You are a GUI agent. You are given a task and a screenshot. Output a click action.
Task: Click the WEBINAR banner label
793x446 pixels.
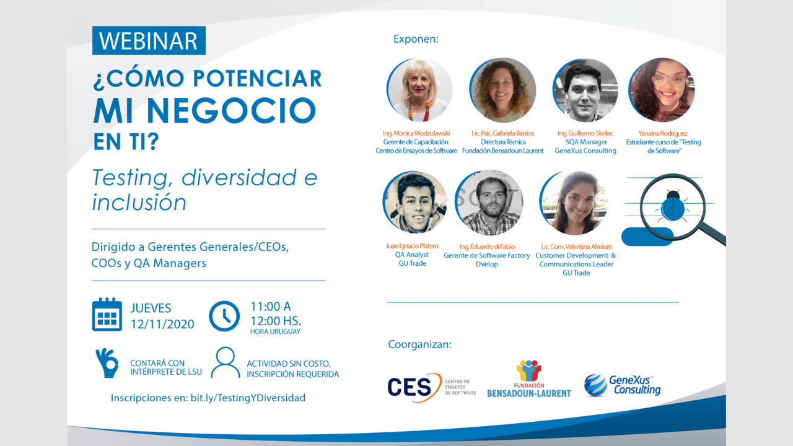pos(149,41)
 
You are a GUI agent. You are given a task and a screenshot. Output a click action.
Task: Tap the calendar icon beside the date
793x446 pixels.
pos(107,315)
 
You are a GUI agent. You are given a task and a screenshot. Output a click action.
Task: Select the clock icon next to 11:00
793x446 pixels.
pos(224,316)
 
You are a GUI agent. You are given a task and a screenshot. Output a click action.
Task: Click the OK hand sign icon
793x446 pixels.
pos(107,362)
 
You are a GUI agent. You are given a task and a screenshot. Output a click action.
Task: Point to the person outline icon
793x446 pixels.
pos(226,362)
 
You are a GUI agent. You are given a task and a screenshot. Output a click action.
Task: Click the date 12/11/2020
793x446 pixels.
pos(162,325)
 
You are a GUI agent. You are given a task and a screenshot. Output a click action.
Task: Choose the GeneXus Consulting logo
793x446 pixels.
pos(622,385)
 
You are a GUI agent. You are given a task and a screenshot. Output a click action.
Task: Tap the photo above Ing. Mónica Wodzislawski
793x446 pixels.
pos(419,90)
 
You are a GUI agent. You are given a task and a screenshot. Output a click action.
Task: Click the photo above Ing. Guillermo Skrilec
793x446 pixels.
pos(585,90)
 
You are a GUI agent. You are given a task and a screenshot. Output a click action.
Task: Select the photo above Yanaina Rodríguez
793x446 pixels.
pos(661,90)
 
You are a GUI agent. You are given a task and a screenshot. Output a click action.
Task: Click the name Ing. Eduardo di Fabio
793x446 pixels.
pos(487,247)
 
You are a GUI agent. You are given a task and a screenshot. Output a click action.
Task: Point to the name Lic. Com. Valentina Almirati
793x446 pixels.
pos(576,247)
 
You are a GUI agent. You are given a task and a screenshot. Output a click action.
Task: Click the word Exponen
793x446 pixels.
pos(416,39)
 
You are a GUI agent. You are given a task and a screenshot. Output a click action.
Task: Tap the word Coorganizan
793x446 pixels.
pos(419,344)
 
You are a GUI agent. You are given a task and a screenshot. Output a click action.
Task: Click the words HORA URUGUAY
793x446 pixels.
pos(275,331)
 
